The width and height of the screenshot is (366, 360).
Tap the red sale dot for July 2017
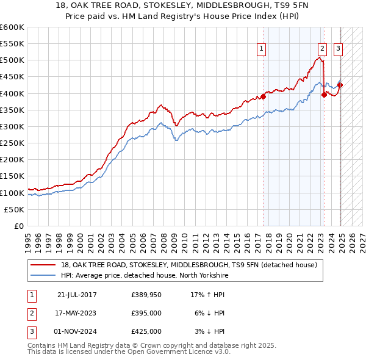coord(264,96)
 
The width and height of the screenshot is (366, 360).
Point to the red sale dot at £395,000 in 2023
coord(325,95)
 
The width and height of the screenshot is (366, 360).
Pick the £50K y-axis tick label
coord(15,209)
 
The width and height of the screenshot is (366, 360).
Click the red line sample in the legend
coord(43,265)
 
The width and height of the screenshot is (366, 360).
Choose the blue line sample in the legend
coord(43,276)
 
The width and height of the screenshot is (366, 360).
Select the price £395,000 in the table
coord(146,313)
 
